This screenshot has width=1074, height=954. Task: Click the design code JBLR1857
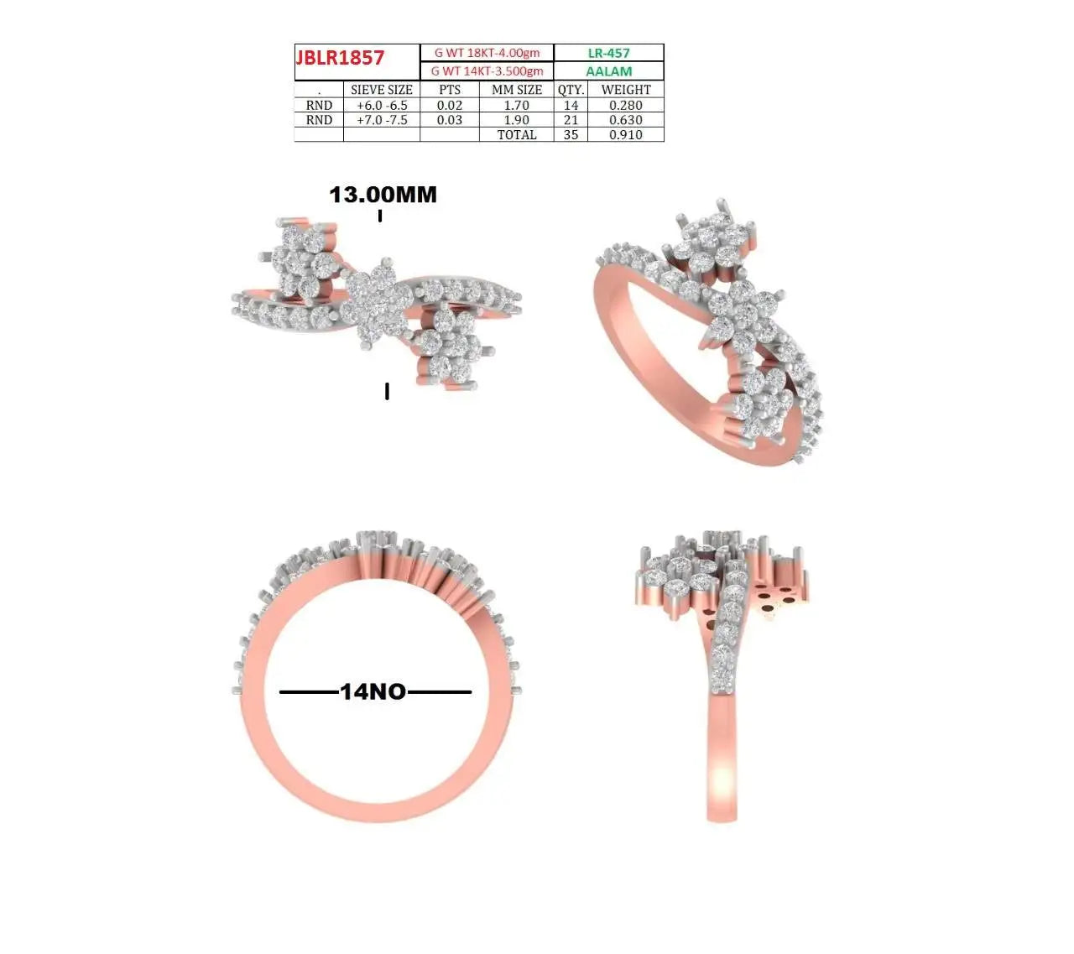click(x=340, y=57)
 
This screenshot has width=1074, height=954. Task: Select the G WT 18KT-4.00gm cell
click(x=487, y=53)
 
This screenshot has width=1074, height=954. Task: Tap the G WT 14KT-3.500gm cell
click(x=487, y=71)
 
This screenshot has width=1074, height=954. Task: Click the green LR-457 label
click(x=608, y=53)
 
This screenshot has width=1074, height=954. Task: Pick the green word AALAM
click(x=608, y=71)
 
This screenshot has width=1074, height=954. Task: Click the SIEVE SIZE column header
click(x=381, y=90)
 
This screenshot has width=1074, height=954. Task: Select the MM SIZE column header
click(x=516, y=90)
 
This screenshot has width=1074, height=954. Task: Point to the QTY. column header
click(x=571, y=90)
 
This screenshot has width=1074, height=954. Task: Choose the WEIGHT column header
click(x=626, y=90)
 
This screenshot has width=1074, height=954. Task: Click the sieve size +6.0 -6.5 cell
click(x=382, y=105)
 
